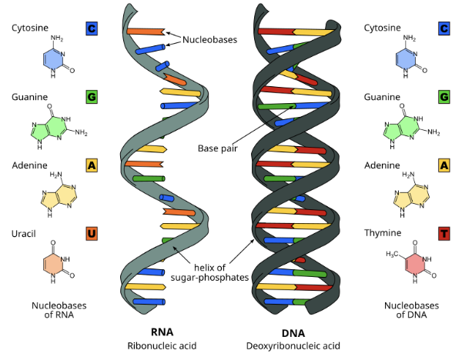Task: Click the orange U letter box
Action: (92, 233)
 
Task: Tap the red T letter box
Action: (444, 233)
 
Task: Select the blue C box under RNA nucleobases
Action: (92, 28)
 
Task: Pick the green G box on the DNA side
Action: (444, 97)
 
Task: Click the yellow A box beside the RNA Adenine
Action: (92, 165)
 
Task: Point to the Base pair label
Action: (218, 148)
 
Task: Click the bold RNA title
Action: (162, 332)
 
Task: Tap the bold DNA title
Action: (293, 332)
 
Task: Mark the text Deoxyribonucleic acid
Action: (293, 346)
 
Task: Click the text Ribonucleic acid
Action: (162, 346)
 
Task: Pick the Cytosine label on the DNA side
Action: (383, 28)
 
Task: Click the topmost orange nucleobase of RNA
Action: (145, 32)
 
